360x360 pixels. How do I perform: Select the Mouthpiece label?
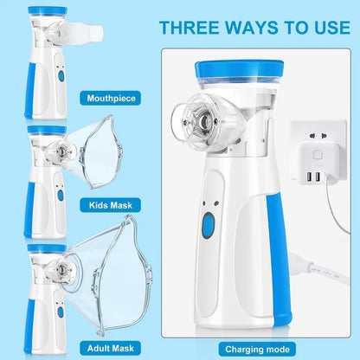112,98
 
